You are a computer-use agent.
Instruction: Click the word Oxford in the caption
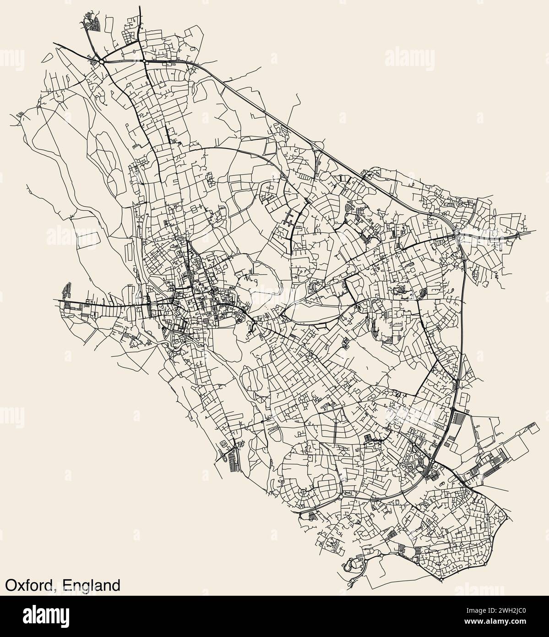[29, 585]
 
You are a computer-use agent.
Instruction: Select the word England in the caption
[92, 585]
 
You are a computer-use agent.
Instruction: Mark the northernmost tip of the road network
[139, 6]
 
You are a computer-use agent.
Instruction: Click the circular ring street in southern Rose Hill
[304, 493]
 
